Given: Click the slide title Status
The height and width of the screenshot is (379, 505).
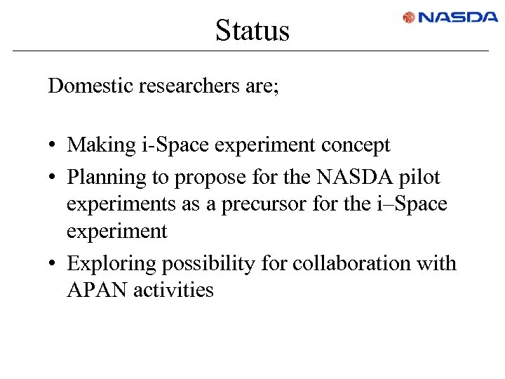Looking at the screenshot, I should (252, 30).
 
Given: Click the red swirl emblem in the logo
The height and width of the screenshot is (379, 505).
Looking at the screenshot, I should (409, 18).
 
